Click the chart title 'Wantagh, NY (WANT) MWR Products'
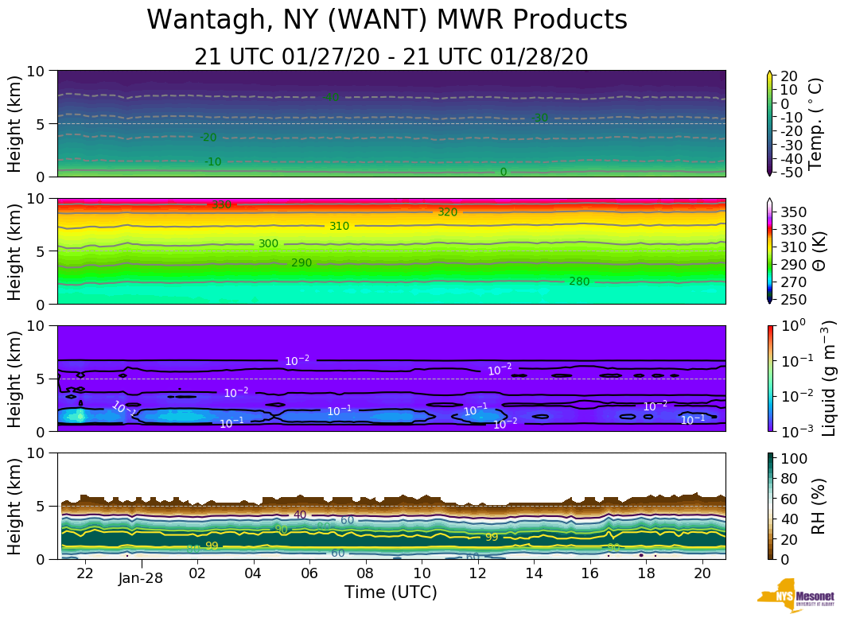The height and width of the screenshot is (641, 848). point(387,20)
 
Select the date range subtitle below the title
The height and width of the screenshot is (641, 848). point(391,56)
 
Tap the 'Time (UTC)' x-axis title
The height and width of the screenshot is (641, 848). point(391,592)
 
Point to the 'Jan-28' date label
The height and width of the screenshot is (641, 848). point(141,578)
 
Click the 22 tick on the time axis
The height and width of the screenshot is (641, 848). point(85,573)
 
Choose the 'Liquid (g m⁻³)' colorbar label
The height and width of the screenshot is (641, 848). point(827,378)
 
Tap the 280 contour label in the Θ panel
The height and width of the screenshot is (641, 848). point(580,282)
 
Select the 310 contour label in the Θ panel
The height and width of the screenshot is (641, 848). point(339,226)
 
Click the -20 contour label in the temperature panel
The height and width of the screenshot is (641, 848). point(208,138)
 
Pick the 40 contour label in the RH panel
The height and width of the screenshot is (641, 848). point(300,515)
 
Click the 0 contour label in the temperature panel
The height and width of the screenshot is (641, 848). point(503,172)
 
